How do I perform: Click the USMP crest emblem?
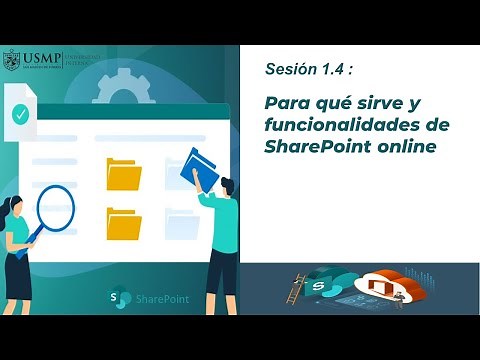point(11,59)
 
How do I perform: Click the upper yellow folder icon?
point(124,174)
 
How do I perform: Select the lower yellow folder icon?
point(124,223)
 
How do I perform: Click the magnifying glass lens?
point(55,209)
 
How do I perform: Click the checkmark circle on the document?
point(20,114)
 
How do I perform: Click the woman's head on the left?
point(16,207)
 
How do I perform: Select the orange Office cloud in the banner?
point(386,289)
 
